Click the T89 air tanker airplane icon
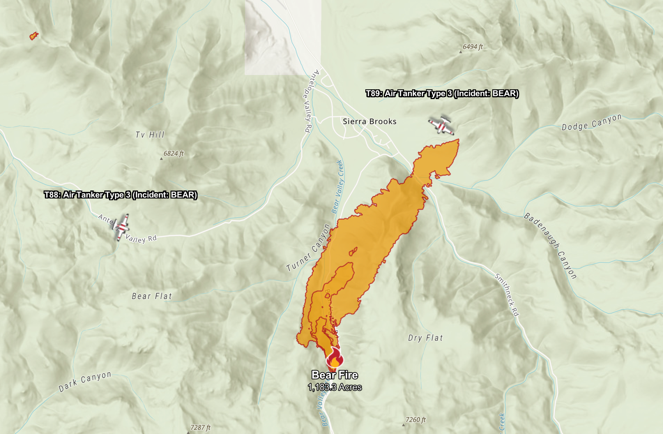click(441, 126)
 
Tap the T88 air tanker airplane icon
click(121, 227)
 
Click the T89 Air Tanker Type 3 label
click(442, 93)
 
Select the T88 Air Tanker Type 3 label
click(121, 195)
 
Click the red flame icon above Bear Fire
click(335, 357)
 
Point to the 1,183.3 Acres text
click(335, 387)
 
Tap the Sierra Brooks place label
click(369, 121)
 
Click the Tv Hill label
click(150, 135)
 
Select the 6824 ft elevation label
click(173, 154)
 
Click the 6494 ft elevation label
click(472, 47)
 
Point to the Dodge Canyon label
click(592, 122)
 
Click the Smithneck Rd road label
click(507, 295)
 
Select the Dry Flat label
click(425, 338)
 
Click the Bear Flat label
click(152, 296)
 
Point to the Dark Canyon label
click(85, 381)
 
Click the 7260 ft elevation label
click(416, 420)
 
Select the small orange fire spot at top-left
click(34, 36)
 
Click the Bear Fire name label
click(335, 375)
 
